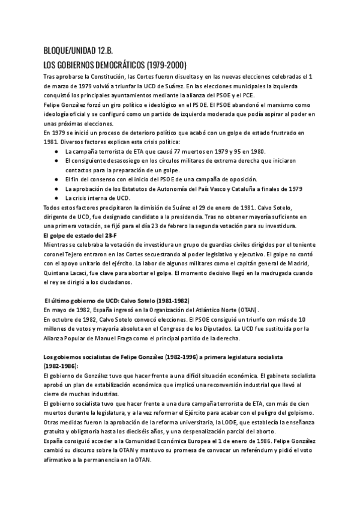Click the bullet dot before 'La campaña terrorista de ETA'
(x=56, y=152)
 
